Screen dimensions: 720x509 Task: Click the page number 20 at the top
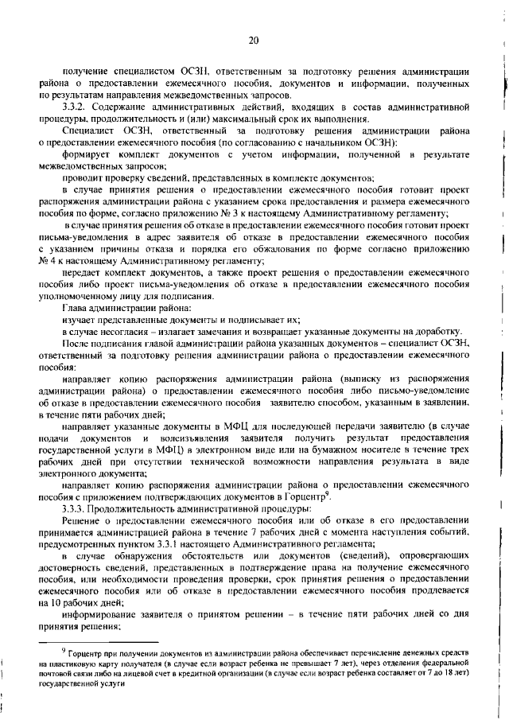[x=254, y=40]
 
